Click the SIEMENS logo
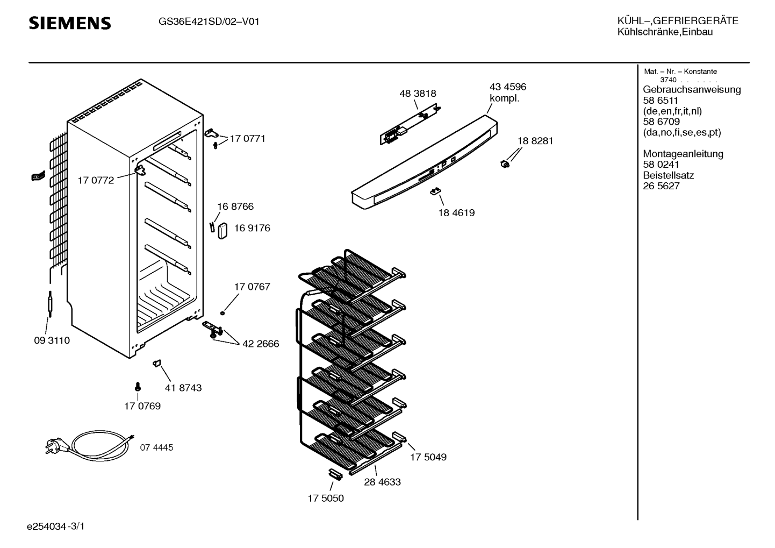pos(69,23)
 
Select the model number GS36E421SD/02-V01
pos(209,22)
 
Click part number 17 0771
pos(247,139)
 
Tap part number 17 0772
pos(96,181)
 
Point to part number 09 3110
pos(52,341)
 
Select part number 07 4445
pos(156,447)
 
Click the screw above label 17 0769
pos(138,386)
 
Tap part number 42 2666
pos(261,344)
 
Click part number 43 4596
pos(507,87)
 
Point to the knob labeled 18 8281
pos(505,163)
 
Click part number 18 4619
pos(456,213)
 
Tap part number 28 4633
pos(382,482)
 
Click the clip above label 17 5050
pos(335,473)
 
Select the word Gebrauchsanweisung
pos(691,90)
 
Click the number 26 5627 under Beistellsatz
pos(661,186)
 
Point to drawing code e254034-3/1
pos(56,526)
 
